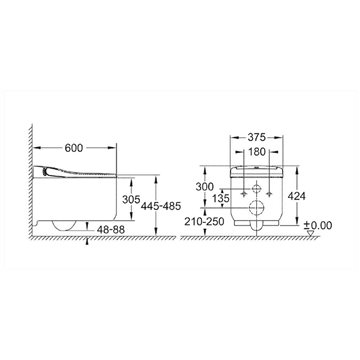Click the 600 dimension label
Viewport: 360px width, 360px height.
point(74,148)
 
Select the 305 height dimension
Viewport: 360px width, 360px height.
point(131,199)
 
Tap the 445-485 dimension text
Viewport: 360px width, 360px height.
point(161,206)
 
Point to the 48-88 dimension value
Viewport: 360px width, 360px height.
point(111,229)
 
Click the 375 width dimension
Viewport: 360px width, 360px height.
point(256,137)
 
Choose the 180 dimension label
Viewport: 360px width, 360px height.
point(256,152)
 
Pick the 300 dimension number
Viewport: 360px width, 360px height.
point(204,187)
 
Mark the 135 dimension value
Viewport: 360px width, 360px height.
point(221,198)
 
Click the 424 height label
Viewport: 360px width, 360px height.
point(296,196)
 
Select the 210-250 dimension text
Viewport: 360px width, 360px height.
point(204,221)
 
